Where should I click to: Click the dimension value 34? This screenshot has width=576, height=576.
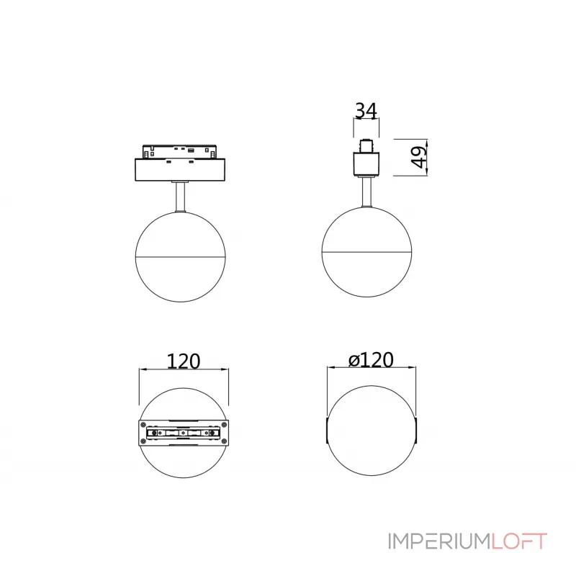tap(366, 110)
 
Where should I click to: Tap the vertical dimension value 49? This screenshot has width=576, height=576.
tap(419, 157)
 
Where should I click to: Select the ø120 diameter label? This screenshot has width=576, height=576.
tap(371, 359)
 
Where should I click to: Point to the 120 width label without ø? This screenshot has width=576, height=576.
tap(184, 361)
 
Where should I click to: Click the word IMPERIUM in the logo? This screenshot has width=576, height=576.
tap(439, 541)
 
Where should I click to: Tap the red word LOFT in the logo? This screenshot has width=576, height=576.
tap(519, 541)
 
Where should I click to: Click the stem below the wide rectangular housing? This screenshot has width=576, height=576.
tap(181, 197)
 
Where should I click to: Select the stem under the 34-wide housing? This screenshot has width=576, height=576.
tap(366, 192)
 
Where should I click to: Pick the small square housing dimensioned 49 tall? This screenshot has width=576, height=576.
tap(366, 164)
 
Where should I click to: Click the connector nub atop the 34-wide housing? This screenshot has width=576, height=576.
tap(366, 146)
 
